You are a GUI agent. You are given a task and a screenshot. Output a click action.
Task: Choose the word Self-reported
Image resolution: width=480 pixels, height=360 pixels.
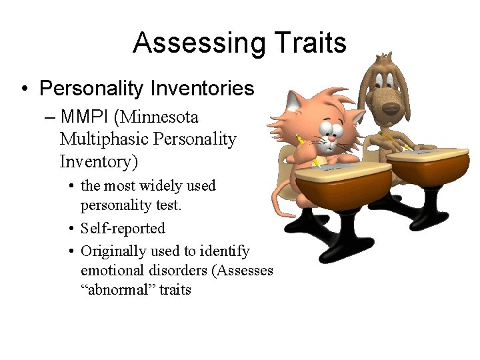coord(123,228)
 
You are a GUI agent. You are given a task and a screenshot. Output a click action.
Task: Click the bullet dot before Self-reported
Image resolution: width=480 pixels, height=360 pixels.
coord(71,229)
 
